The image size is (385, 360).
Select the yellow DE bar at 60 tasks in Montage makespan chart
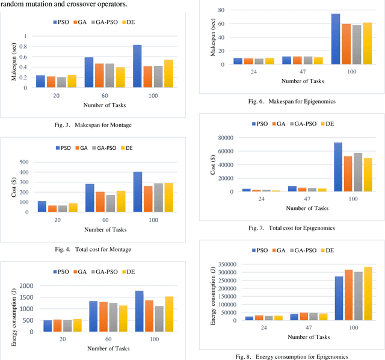(120, 77)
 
